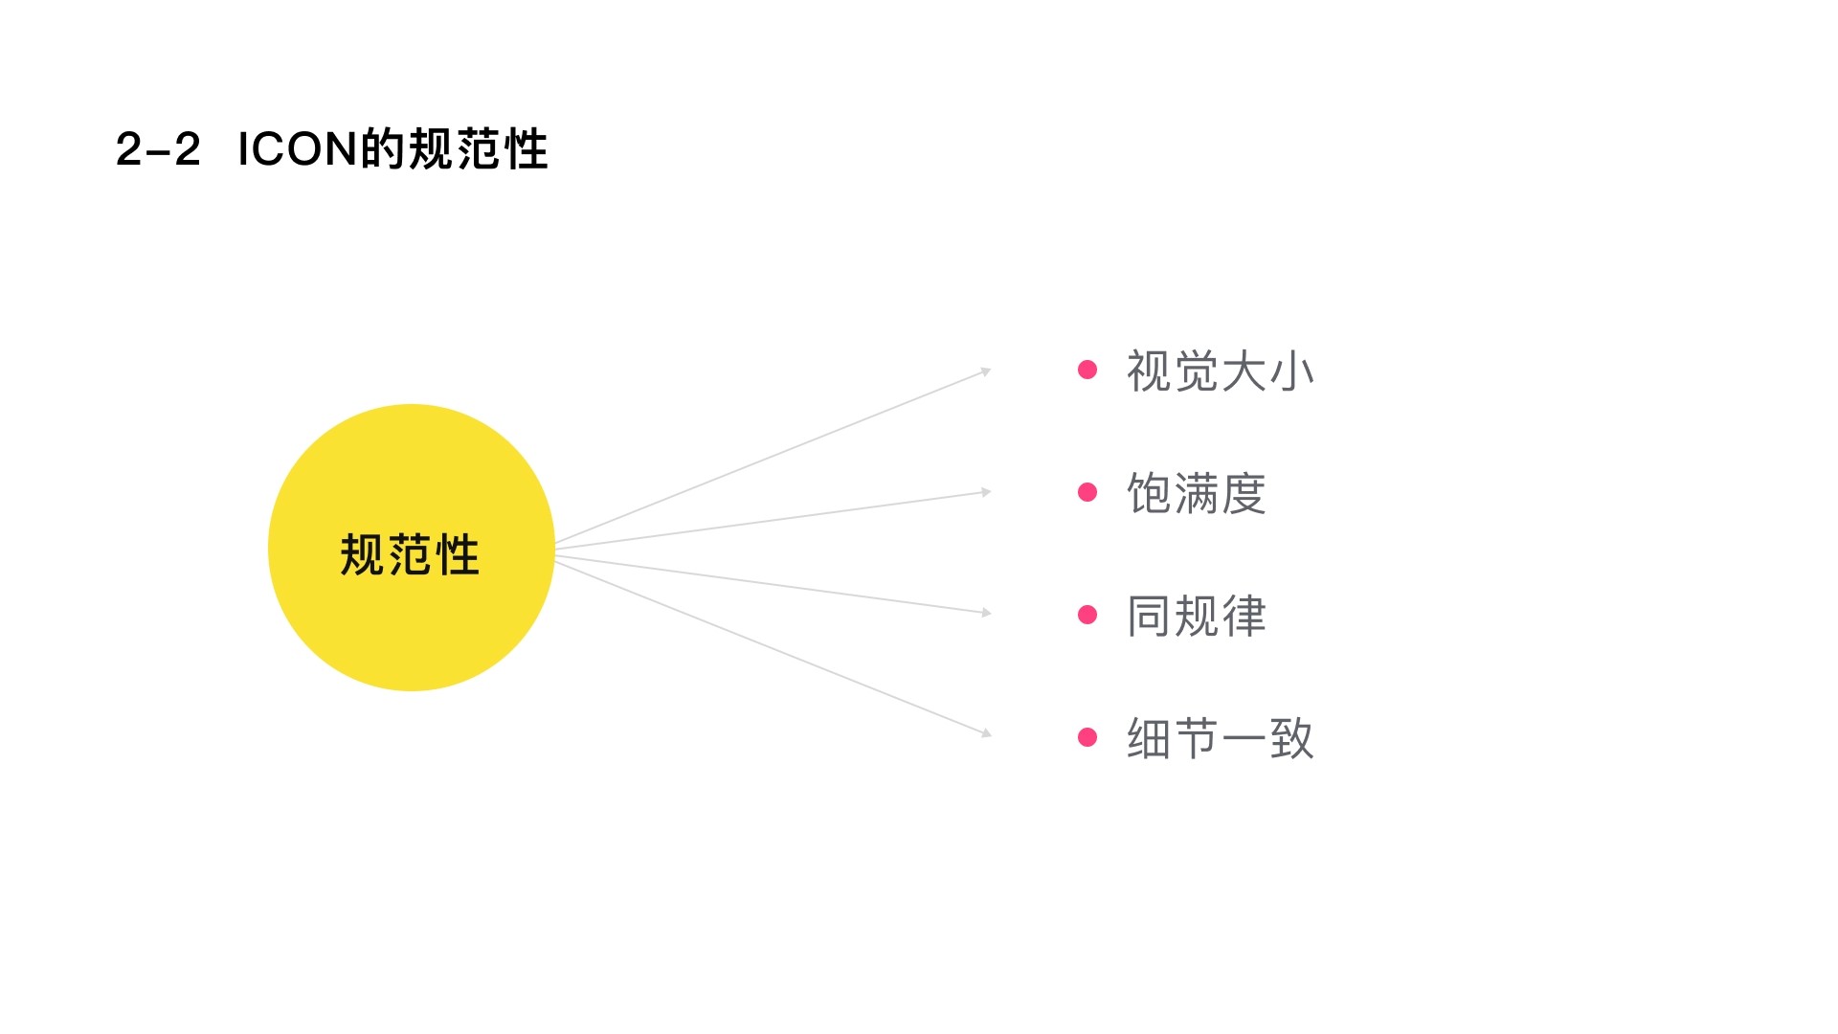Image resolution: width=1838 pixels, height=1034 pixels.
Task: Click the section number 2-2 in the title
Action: pyautogui.click(x=158, y=149)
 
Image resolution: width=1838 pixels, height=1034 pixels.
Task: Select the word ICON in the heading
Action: pyautogui.click(x=297, y=149)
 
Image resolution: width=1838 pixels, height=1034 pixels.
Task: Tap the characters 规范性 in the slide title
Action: pyautogui.click(x=478, y=149)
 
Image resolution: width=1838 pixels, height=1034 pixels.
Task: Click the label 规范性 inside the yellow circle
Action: pyautogui.click(x=410, y=555)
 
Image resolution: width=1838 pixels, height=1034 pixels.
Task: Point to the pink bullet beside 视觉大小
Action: pyautogui.click(x=1087, y=370)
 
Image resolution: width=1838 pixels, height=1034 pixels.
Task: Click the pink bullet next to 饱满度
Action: pyautogui.click(x=1087, y=492)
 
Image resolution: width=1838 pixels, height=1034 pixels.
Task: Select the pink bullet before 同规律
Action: pyautogui.click(x=1087, y=615)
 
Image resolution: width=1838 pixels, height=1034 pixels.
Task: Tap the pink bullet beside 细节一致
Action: pyautogui.click(x=1087, y=736)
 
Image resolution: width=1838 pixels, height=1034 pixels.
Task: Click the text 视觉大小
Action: pyautogui.click(x=1220, y=371)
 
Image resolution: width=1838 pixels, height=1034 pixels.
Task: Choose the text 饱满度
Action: pyautogui.click(x=1196, y=494)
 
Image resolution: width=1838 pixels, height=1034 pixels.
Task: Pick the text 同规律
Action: pyautogui.click(x=1196, y=616)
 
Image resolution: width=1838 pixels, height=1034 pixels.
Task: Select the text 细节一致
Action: pyautogui.click(x=1220, y=738)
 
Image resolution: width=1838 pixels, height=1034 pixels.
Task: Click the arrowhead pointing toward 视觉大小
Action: pyautogui.click(x=986, y=371)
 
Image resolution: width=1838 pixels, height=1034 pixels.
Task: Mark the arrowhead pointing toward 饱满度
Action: pyautogui.click(x=986, y=492)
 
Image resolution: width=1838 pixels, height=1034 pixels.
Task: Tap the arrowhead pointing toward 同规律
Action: pyautogui.click(x=986, y=613)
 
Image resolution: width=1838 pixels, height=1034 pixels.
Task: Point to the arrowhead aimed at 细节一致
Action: pyautogui.click(x=986, y=733)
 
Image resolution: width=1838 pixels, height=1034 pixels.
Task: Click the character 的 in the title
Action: pyautogui.click(x=382, y=149)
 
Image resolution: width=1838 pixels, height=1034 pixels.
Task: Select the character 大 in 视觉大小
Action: pyautogui.click(x=1244, y=371)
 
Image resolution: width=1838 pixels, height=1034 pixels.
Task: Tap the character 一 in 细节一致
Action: pyautogui.click(x=1244, y=738)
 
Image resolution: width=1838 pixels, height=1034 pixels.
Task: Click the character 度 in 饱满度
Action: pyautogui.click(x=1244, y=494)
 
